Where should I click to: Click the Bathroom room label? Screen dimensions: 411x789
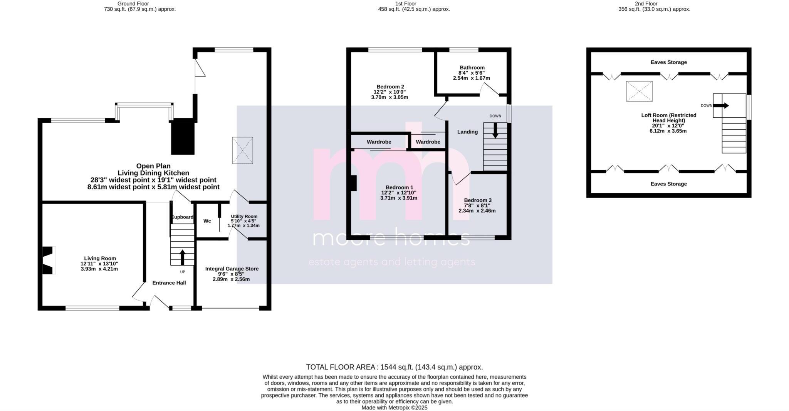pyautogui.click(x=472, y=68)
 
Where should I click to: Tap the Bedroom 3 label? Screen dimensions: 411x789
pyautogui.click(x=477, y=200)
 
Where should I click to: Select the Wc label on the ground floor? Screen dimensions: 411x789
pyautogui.click(x=207, y=221)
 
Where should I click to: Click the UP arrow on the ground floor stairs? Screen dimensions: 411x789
pyautogui.click(x=182, y=257)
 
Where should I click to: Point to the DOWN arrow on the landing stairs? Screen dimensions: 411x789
pyautogui.click(x=495, y=130)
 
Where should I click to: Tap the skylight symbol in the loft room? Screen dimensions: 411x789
pyautogui.click(x=639, y=91)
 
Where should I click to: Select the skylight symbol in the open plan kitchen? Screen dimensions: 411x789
pyautogui.click(x=243, y=150)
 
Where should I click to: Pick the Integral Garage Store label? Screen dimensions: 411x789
pyautogui.click(x=232, y=269)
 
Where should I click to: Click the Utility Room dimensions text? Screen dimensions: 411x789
pyautogui.click(x=243, y=223)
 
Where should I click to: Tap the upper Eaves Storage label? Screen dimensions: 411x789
pyautogui.click(x=668, y=62)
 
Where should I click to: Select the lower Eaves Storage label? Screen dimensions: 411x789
pyautogui.click(x=668, y=184)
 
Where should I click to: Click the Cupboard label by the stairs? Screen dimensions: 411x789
pyautogui.click(x=182, y=217)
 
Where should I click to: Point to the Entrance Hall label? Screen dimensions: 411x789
pyautogui.click(x=169, y=283)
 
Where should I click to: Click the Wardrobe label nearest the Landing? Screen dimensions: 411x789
pyautogui.click(x=428, y=142)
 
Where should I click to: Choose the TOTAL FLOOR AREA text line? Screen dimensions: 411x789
pyautogui.click(x=394, y=367)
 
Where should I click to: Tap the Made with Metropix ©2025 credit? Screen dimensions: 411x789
pyautogui.click(x=394, y=408)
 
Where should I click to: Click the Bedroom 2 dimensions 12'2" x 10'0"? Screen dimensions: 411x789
pyautogui.click(x=389, y=92)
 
